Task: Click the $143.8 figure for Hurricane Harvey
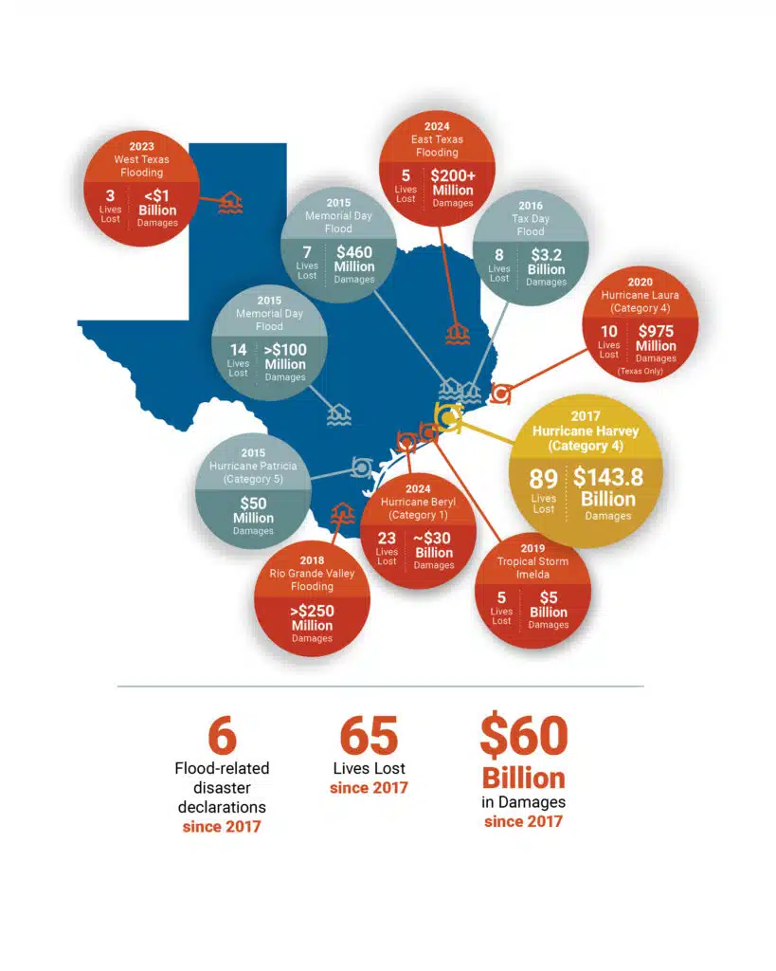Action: [607, 477]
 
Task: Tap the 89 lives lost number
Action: [544, 479]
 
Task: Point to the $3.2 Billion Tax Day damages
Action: [546, 262]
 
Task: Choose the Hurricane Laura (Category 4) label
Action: [652, 302]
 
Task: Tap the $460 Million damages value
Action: [355, 259]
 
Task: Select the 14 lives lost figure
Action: [238, 350]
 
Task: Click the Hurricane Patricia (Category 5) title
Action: [253, 472]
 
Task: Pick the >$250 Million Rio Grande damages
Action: [312, 618]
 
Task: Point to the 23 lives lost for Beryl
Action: [387, 539]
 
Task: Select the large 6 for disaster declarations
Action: [222, 735]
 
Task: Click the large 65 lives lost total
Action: [370, 735]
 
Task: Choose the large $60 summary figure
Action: [524, 735]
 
